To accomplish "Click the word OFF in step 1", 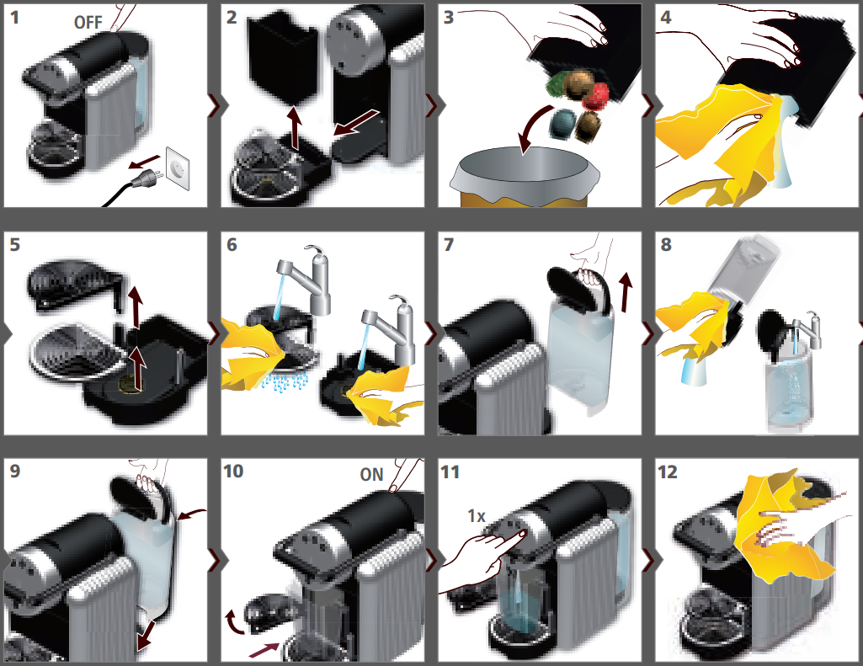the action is coord(88,23).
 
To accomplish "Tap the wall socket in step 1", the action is coord(178,168).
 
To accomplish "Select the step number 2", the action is coord(232,18).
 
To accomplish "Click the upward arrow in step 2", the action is coord(295,129).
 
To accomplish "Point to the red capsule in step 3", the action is coord(595,96).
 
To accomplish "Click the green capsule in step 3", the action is coord(557,83).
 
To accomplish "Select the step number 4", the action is coord(666,18).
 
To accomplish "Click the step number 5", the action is coord(15,244).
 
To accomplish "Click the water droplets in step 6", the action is coord(285,382).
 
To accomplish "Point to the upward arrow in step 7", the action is coord(626,292).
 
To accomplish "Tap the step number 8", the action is coord(666,244).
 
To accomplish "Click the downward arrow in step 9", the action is coord(146,636).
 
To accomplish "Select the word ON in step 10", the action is coord(371,475).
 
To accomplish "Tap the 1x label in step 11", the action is coord(476,516).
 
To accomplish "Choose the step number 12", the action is coord(668,472).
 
